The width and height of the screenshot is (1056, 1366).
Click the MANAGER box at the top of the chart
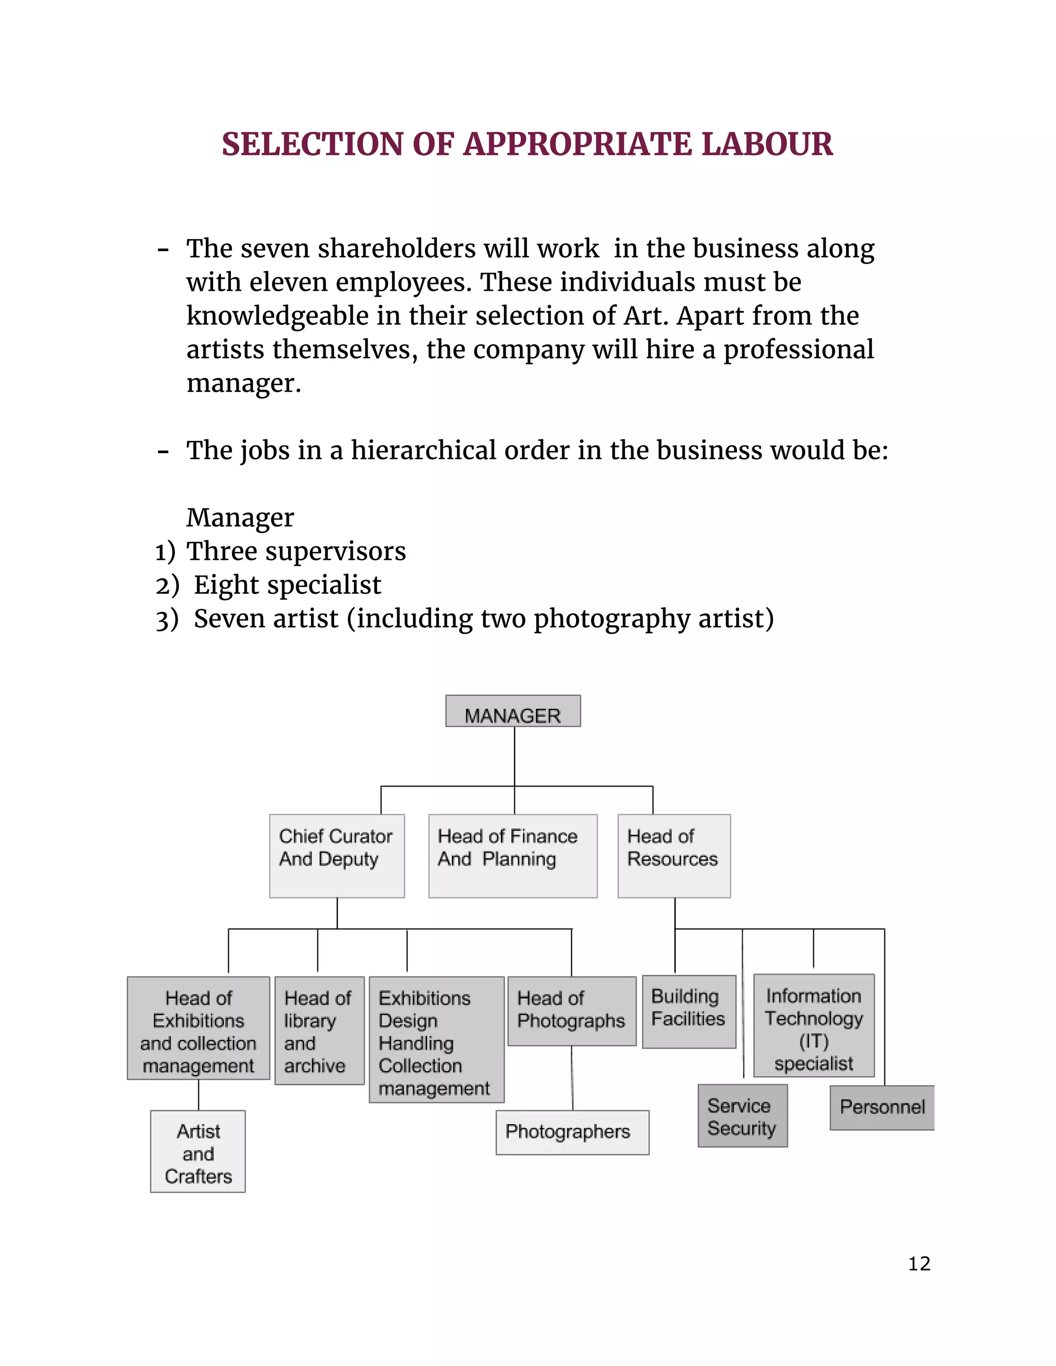pyautogui.click(x=513, y=711)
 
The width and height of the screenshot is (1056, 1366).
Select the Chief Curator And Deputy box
pyautogui.click(x=337, y=856)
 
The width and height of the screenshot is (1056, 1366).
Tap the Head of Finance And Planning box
pyautogui.click(x=513, y=856)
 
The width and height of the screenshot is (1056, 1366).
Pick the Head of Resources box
pyautogui.click(x=674, y=856)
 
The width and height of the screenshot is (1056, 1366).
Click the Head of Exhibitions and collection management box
pyautogui.click(x=199, y=1028)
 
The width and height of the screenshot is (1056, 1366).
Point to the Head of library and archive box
pyautogui.click(x=319, y=1030)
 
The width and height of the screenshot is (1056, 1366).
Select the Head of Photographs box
pyautogui.click(x=571, y=1011)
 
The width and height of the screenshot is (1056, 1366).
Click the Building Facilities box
pyautogui.click(x=689, y=1011)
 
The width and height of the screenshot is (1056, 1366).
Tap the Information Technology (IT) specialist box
pyautogui.click(x=813, y=1026)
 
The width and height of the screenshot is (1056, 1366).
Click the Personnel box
pyautogui.click(x=881, y=1108)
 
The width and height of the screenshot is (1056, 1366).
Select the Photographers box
pyautogui.click(x=572, y=1132)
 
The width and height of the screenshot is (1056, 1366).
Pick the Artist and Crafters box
pyautogui.click(x=197, y=1152)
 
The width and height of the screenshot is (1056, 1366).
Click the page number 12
pyautogui.click(x=919, y=1264)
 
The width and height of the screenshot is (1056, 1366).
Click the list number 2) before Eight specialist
pyautogui.click(x=167, y=586)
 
